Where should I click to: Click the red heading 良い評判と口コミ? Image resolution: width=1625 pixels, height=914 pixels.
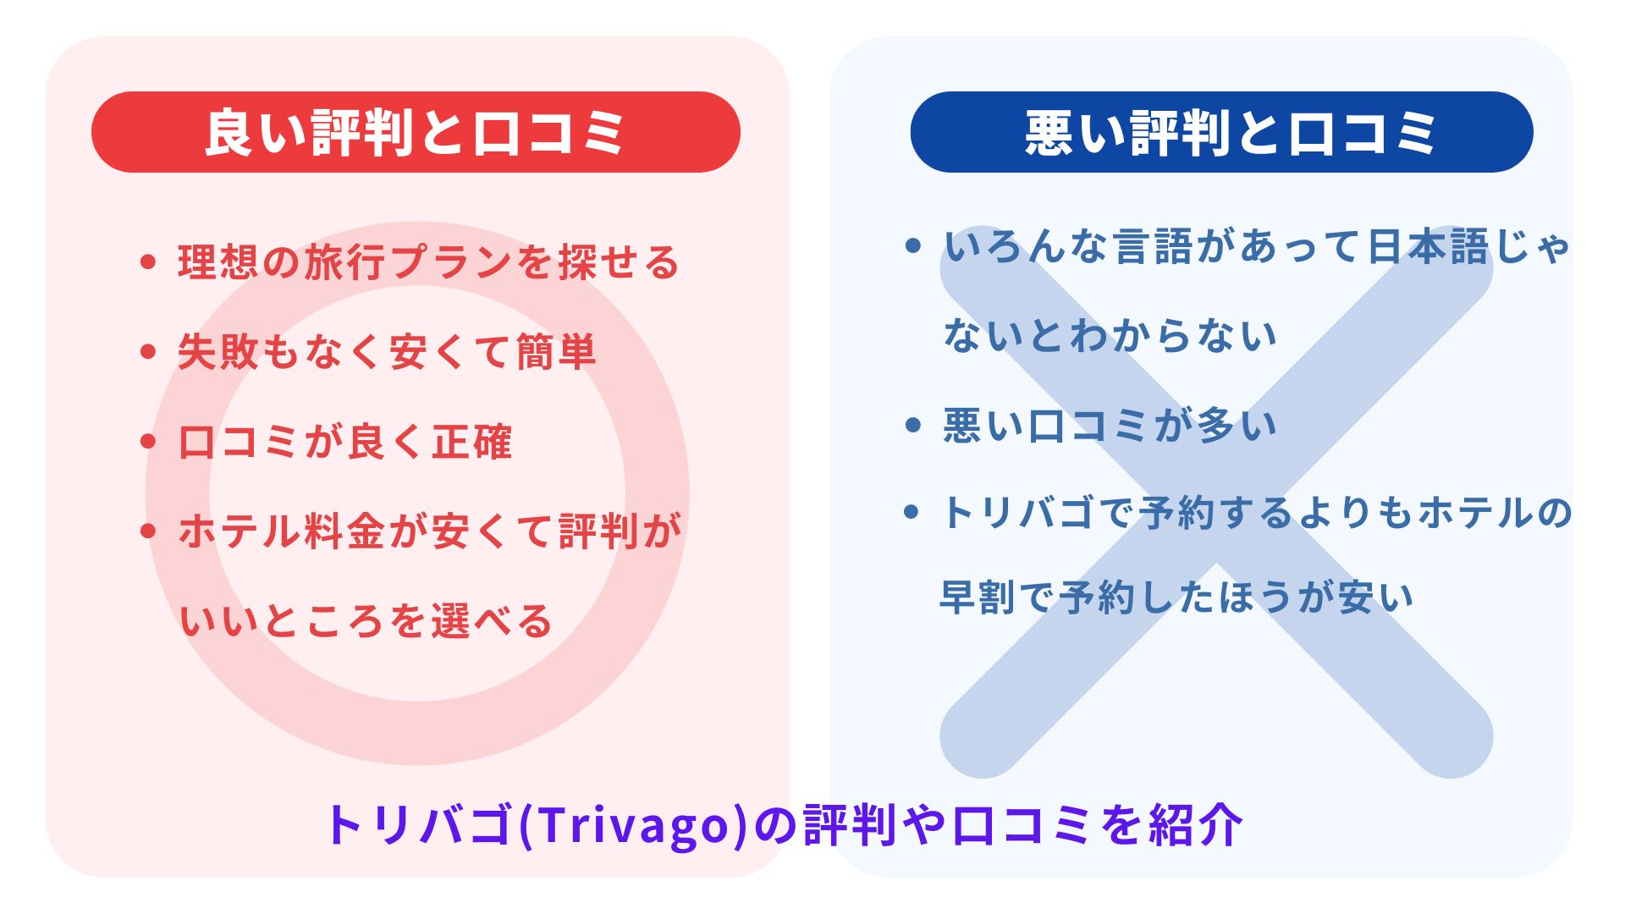tap(416, 133)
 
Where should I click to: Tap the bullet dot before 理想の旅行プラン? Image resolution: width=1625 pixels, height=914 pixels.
tap(148, 262)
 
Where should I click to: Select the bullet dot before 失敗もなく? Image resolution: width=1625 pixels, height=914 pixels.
tap(148, 351)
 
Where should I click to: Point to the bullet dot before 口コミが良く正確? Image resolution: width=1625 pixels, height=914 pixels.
tap(148, 441)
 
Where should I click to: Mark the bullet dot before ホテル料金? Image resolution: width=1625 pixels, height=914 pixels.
tap(148, 531)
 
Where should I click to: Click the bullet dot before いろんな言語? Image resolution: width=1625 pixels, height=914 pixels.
tap(912, 246)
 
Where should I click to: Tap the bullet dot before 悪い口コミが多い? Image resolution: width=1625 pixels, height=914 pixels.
tap(912, 424)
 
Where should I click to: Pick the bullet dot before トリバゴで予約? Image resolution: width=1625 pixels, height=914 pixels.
tap(912, 512)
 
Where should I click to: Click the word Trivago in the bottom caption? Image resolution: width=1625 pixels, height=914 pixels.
tap(632, 824)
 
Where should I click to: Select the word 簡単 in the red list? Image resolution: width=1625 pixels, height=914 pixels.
tap(555, 351)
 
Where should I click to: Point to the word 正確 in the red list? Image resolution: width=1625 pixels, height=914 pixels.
tap(471, 441)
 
